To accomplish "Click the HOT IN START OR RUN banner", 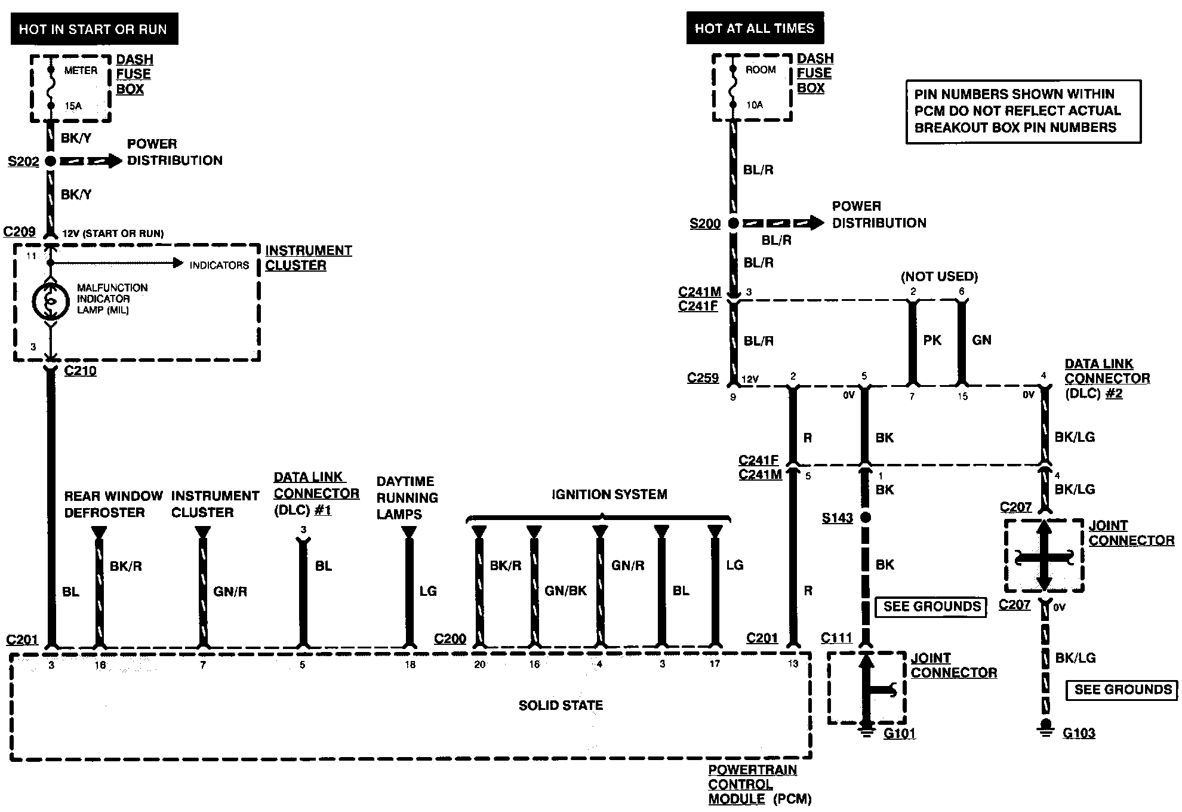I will (94, 29).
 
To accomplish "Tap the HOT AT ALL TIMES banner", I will (755, 28).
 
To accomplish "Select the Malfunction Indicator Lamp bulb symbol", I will (51, 302).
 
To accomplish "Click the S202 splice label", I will (23, 161).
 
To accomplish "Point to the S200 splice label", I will (705, 224).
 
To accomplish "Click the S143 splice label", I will (837, 518).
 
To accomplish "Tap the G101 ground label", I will (899, 734).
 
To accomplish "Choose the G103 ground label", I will (1079, 734).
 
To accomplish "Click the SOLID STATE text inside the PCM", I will (561, 706).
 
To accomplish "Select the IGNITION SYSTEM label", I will (609, 494).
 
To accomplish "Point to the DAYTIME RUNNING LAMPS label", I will (407, 497).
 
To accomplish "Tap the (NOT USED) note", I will (939, 276).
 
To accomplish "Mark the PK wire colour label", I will (932, 340).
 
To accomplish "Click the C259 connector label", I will (703, 378).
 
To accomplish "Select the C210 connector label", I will (80, 371).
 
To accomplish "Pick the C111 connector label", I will (836, 638).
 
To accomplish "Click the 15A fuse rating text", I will (73, 106).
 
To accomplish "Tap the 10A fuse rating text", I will (755, 105).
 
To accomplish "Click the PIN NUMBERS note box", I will (1023, 112).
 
